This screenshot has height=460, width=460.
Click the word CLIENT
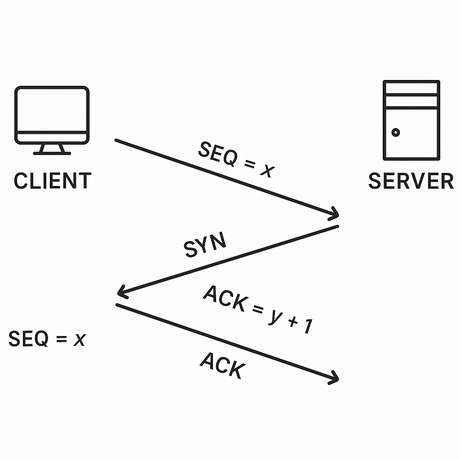click(x=53, y=181)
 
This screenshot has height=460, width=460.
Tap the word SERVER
click(x=411, y=181)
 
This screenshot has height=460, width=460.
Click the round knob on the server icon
click(x=396, y=133)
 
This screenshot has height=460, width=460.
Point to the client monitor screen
click(x=52, y=110)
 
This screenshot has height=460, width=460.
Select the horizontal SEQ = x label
click(x=47, y=339)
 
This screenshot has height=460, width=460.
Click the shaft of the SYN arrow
click(x=229, y=260)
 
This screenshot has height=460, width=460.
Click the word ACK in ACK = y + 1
click(x=225, y=299)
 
